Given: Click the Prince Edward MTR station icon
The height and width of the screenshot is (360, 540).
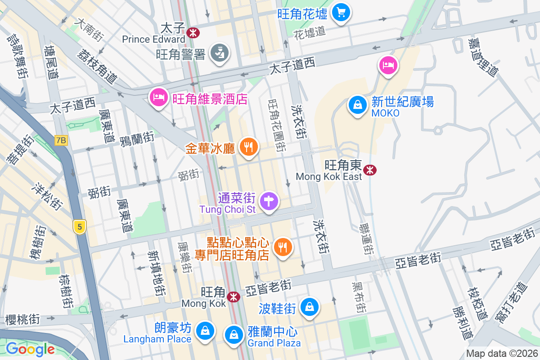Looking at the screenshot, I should pos(193,32).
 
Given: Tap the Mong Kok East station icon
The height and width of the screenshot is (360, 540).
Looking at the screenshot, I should pos(370,170).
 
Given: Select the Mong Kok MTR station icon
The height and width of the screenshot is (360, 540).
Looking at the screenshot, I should pos(233,297).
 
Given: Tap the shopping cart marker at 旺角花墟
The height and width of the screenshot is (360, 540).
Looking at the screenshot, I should pos(341,12).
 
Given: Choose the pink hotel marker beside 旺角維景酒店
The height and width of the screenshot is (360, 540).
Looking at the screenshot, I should pos(158,97).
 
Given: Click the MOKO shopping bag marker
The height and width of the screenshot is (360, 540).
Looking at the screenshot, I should pos(357,105).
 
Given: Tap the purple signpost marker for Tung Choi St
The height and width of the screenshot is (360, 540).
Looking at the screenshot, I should pos(269,200).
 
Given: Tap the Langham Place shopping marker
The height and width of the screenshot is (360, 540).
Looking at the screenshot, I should pos(205,330).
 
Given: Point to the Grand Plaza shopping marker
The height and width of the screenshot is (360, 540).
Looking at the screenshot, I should pos(234,334).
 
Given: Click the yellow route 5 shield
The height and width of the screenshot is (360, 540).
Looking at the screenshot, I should pos(80,227).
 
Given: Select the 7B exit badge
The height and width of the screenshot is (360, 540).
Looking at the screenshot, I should pos(61,140).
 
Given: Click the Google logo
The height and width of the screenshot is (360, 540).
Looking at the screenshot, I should pos(30,349).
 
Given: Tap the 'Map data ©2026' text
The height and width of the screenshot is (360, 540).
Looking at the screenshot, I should pos(502,354).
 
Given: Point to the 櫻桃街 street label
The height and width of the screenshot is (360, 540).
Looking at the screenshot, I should pos(22,319).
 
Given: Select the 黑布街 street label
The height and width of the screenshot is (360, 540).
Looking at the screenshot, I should pos(358,298).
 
